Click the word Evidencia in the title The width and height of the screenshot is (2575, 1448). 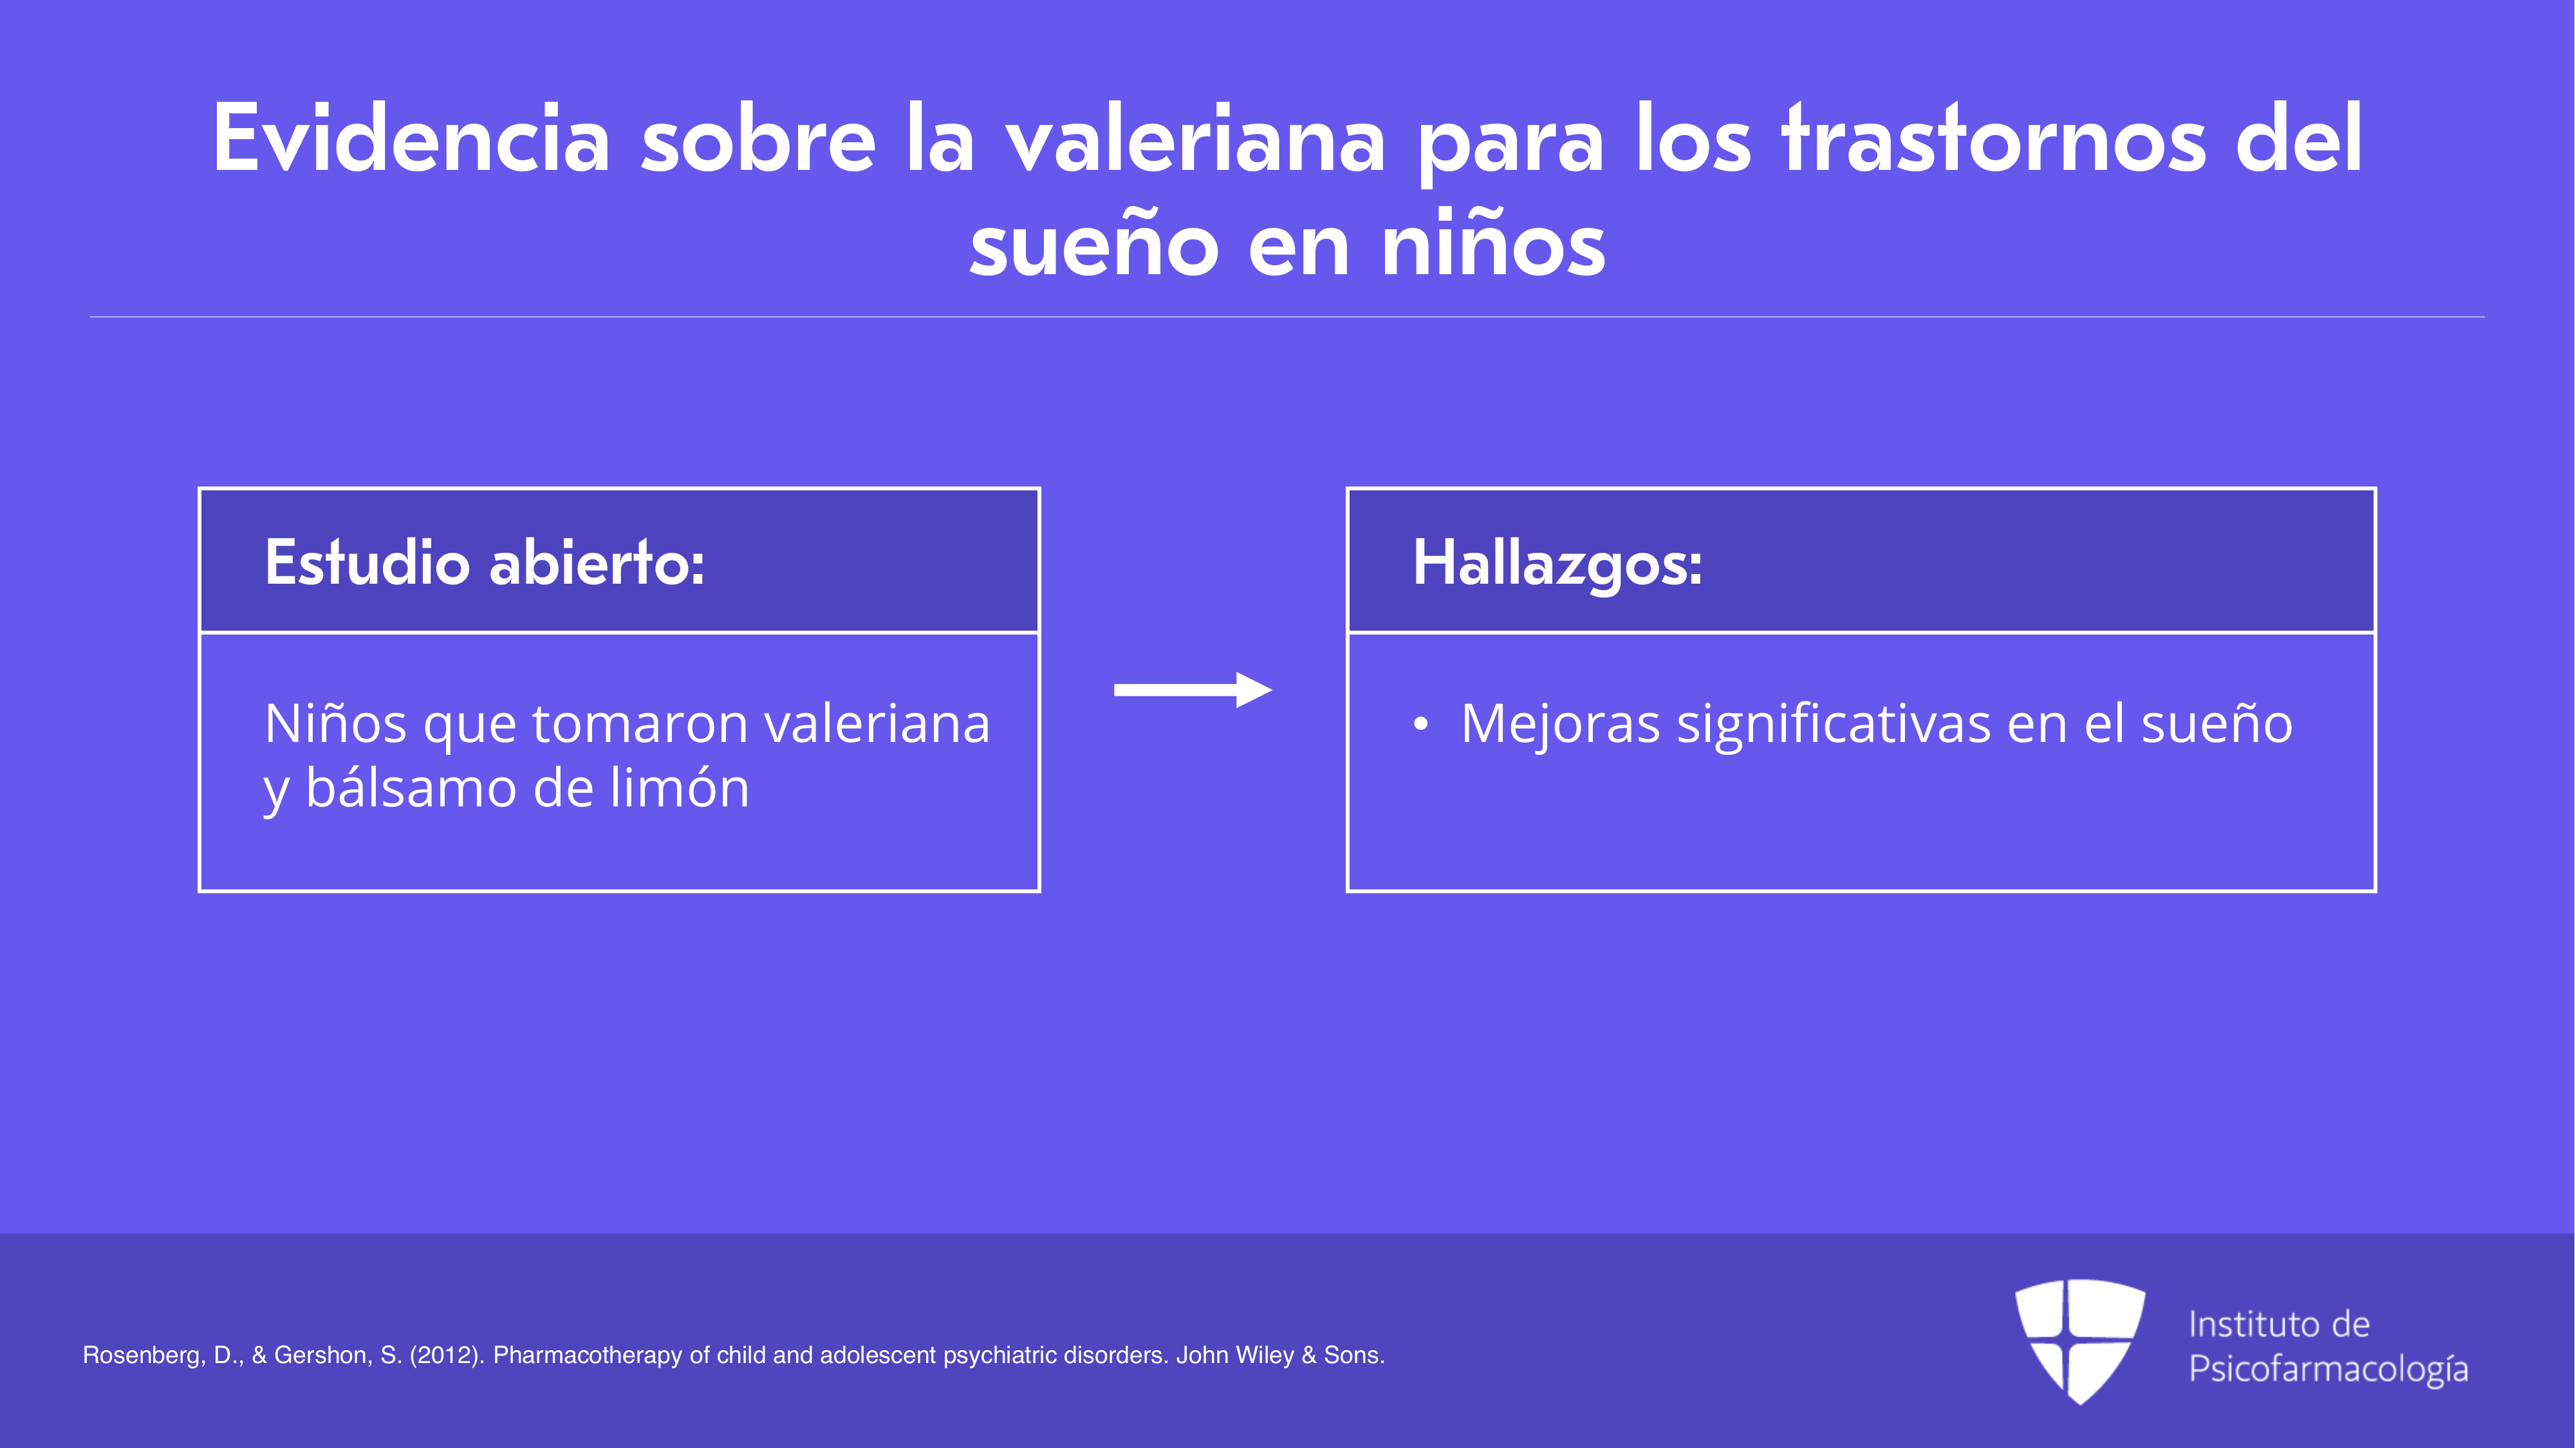tap(411, 139)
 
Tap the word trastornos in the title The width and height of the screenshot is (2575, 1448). tap(1993, 139)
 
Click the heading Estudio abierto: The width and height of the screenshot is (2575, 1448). tap(485, 562)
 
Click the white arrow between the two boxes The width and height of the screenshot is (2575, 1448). tap(1193, 689)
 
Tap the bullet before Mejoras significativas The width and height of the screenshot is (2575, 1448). tap(1420, 725)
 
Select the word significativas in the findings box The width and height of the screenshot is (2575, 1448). tap(1834, 725)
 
